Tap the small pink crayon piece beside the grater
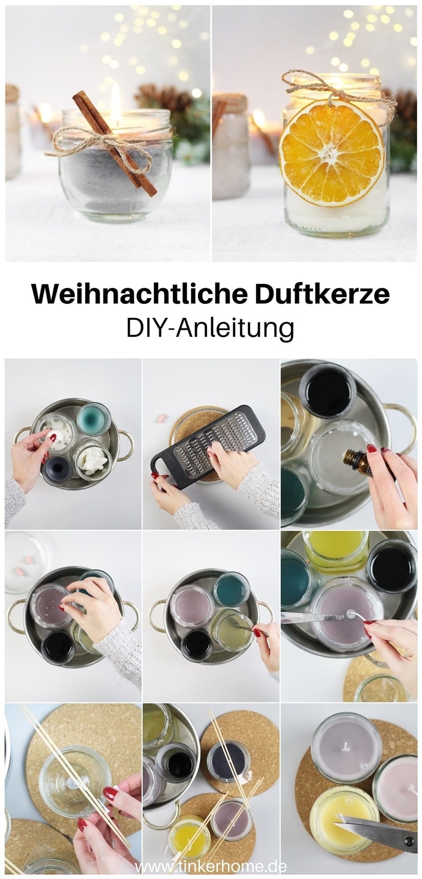(x=160, y=418)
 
